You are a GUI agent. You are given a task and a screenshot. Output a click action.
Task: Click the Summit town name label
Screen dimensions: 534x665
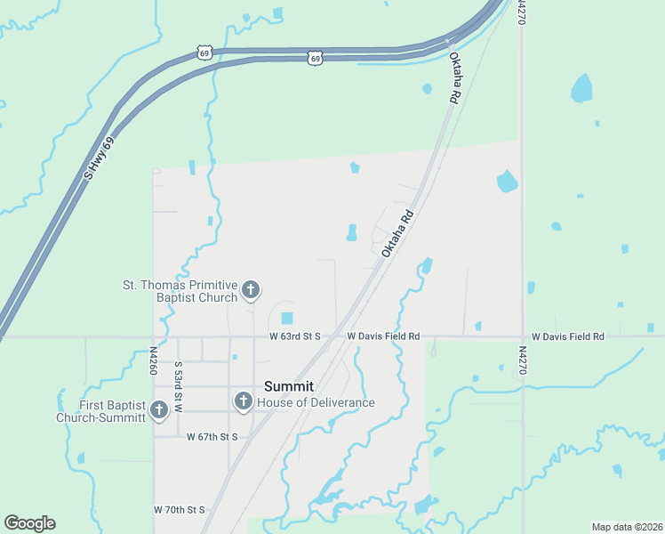coord(289,386)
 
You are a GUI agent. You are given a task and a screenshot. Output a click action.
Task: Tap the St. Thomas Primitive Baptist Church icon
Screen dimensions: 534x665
coord(251,289)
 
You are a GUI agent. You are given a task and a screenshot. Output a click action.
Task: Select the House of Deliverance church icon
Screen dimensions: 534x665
coord(243,402)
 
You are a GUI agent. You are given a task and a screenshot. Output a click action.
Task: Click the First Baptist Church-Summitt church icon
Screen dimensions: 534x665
coord(159,410)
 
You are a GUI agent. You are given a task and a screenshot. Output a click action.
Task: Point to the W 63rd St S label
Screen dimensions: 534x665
coord(294,337)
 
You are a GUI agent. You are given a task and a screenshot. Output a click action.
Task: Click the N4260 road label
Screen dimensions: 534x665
coord(153,360)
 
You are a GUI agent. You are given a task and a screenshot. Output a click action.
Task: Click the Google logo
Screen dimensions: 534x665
coord(29,523)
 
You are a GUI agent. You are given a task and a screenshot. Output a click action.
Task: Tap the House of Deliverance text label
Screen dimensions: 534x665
coord(316,402)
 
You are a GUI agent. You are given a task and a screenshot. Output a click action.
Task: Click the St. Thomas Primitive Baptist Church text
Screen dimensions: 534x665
coord(180,291)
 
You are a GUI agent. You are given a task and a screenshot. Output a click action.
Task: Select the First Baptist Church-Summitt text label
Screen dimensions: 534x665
coord(100,411)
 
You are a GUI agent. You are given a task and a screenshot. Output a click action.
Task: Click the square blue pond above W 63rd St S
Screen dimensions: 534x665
coord(286,318)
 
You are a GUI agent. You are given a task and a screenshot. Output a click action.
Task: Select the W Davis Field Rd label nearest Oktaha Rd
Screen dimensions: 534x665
coord(383,337)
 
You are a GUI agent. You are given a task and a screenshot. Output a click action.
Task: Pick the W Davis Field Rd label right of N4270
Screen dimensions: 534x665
coord(567,337)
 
